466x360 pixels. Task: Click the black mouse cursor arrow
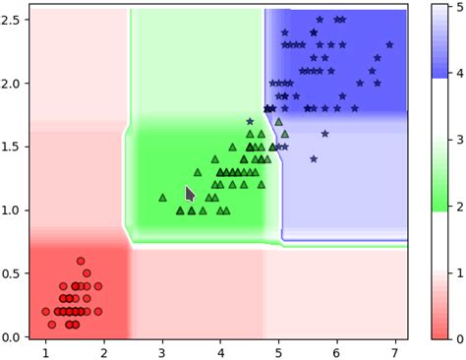coord(191,195)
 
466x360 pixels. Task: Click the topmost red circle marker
coord(81,261)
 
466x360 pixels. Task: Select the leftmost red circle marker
coord(45,312)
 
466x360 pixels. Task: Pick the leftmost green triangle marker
coord(162,197)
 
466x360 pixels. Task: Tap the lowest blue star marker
coord(314,158)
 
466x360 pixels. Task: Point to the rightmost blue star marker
coord(389,44)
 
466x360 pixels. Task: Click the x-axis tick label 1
coord(45,351)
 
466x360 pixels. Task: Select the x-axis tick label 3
coord(162,351)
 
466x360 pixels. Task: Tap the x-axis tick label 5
coord(278,351)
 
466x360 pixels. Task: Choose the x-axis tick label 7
coord(395,351)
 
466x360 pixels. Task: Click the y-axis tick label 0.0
coord(13,337)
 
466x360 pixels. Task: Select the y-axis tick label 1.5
coord(13,147)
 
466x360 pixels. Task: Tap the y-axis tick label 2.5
coord(13,20)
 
